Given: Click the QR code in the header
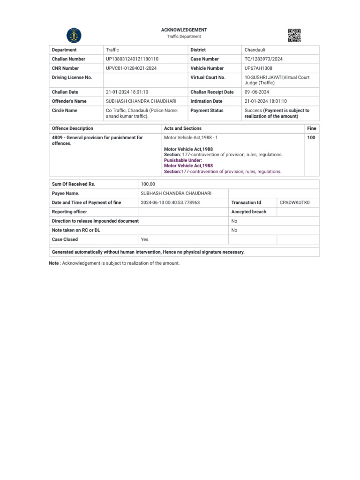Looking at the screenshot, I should tap(294, 35).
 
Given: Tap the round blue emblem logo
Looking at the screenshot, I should tap(74, 35).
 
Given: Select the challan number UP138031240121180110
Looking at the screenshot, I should tap(132, 59).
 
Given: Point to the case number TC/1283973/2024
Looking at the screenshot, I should tap(263, 59).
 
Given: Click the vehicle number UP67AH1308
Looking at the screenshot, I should tap(258, 68).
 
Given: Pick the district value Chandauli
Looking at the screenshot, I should tap(255, 50).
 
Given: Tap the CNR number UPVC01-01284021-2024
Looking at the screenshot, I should tap(131, 68).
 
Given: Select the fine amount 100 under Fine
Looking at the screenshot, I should tap(311, 138).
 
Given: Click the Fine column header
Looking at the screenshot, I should tap(311, 128).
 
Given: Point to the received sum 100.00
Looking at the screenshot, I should tap(148, 184).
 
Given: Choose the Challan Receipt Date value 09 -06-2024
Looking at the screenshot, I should tap(257, 92).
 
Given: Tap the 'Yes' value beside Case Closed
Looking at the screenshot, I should tap(144, 240).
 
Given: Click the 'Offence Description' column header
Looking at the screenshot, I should tap(72, 128).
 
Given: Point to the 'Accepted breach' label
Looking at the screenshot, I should tap(248, 212).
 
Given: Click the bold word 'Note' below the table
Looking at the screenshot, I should tap(54, 263).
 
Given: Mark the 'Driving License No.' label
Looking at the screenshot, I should tap(72, 77).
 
